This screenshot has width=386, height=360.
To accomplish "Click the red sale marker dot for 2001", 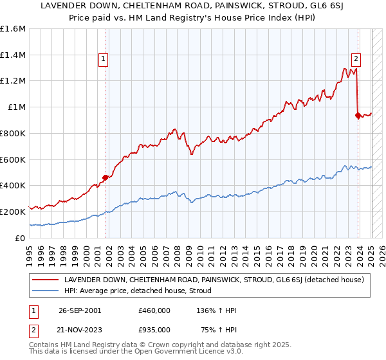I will coord(106,177).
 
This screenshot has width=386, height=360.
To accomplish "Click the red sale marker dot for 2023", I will coord(358,116).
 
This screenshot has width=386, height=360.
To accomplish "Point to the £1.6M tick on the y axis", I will coord(13,29).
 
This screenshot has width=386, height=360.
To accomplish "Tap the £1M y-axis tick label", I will coord(17,107).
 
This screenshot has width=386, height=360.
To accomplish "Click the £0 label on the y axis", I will coord(21,238).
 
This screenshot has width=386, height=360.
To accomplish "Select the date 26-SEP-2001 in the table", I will coord(78,310).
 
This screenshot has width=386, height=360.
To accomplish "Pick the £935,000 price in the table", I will coord(154,328).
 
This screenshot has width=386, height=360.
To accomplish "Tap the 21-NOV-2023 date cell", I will coord(78,328).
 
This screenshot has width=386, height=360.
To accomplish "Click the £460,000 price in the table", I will coord(154,310).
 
